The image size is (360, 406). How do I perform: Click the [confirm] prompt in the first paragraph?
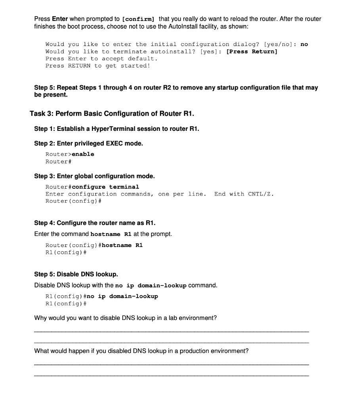pos(139,19)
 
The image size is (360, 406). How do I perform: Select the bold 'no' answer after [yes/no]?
pos(304,44)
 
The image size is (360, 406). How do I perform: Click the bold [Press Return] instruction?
pos(251,52)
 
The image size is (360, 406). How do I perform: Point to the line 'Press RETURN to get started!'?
pos(98,66)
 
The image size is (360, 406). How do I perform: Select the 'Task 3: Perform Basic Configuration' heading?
pos(112,114)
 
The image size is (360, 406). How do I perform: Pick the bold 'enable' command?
pos(83,154)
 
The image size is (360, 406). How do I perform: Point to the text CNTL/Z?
pos(261,194)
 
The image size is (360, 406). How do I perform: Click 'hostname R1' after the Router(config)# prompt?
pos(122,245)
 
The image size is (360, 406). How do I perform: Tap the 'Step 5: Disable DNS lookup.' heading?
pos(76,274)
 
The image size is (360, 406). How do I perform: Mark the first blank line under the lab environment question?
pos(171,331)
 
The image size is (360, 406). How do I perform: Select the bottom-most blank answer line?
pos(171,375)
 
